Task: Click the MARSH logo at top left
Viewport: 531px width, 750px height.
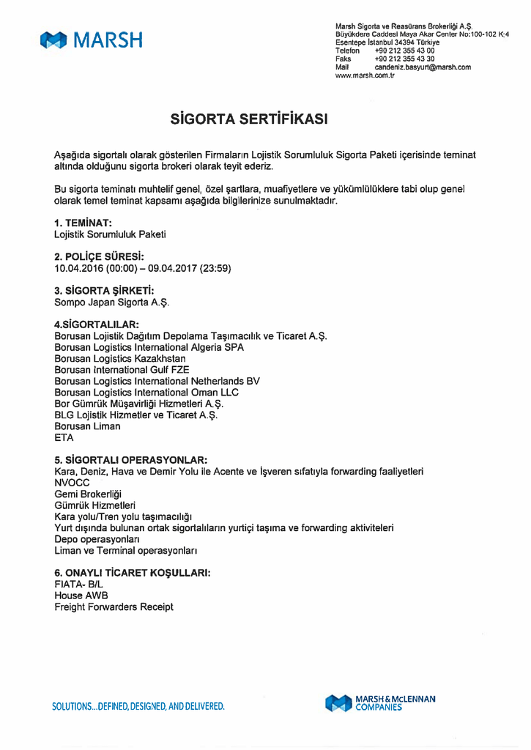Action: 92,41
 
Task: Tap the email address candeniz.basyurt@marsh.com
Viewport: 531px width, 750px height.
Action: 423,67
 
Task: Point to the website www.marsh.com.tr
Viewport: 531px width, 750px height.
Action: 365,75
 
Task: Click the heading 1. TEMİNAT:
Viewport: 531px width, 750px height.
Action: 83,223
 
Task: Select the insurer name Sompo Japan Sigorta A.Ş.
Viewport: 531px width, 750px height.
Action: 105,302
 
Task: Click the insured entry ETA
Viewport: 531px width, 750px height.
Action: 64,437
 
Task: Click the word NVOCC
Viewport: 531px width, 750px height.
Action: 72,483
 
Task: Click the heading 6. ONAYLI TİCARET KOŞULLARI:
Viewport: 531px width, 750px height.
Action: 132,573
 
